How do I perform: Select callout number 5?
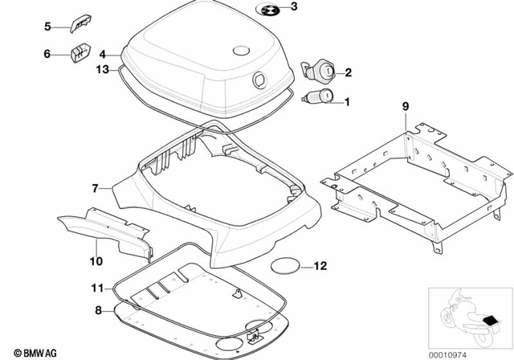(47, 27)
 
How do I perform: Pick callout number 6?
(47, 54)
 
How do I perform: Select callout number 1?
(348, 102)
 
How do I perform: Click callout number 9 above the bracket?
(406, 107)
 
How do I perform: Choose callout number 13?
(102, 70)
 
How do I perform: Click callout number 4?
(103, 55)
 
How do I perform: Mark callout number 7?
(95, 188)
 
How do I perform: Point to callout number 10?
(95, 260)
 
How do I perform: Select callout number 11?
(96, 286)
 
